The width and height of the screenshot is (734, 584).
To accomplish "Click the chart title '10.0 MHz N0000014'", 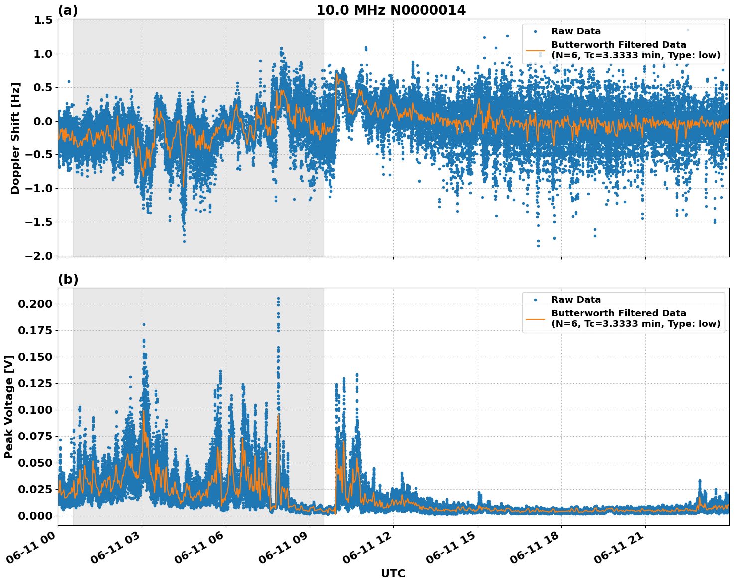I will click(x=391, y=10).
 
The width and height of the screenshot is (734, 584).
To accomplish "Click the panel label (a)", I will click(x=68, y=10).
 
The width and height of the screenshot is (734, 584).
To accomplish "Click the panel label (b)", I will click(x=68, y=279).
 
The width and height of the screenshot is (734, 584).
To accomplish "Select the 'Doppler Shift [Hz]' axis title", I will click(x=15, y=138).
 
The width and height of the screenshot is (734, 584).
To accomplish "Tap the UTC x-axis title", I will click(x=393, y=573).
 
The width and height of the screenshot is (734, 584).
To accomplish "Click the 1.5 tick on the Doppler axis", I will click(x=43, y=20).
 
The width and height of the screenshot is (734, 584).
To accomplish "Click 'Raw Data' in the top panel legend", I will click(x=576, y=31).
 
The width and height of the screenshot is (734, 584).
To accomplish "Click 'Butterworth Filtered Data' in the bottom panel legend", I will click(x=618, y=313).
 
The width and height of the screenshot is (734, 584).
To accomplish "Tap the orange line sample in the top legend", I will click(x=535, y=50).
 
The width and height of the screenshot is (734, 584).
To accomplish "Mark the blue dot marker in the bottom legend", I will click(x=535, y=300).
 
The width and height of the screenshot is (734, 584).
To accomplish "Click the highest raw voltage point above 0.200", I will click(x=278, y=298).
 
